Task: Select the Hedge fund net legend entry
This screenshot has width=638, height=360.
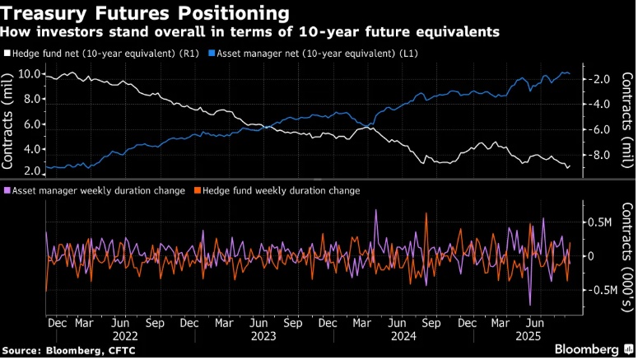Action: (x=103, y=51)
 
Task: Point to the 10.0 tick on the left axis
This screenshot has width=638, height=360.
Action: (x=30, y=74)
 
